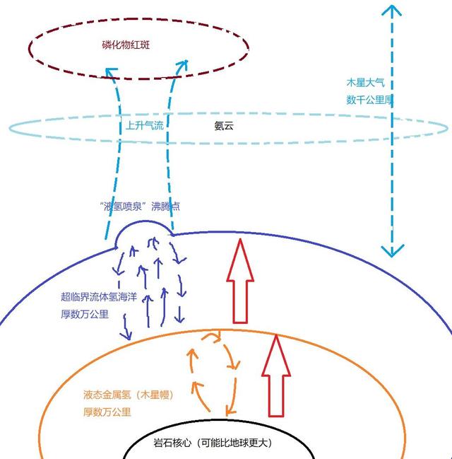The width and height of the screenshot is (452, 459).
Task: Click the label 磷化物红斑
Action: click(x=126, y=45)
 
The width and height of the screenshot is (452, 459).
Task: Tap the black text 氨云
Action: click(x=224, y=126)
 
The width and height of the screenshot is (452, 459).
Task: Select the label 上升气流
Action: click(x=145, y=126)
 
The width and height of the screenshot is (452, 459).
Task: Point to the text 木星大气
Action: click(x=365, y=82)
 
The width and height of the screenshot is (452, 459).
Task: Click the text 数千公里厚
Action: click(x=370, y=100)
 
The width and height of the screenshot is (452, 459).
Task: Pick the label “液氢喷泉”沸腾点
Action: click(x=140, y=207)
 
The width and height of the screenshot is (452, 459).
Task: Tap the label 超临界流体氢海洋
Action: click(x=99, y=297)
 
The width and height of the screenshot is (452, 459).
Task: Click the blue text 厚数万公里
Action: click(x=85, y=315)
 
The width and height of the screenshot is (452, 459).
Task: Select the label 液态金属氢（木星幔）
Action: click(x=129, y=395)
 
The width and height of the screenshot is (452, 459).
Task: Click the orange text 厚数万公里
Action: click(x=107, y=412)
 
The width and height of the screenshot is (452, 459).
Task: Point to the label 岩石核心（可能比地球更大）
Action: click(x=213, y=442)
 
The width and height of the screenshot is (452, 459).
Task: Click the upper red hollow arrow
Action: click(x=240, y=281)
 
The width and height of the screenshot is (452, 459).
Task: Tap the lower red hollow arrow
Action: click(x=276, y=376)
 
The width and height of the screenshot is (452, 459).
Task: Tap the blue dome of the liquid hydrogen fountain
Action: click(x=143, y=222)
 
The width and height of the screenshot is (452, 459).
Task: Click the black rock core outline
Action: click(x=218, y=422)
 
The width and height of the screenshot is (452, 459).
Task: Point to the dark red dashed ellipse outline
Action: click(x=139, y=18)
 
